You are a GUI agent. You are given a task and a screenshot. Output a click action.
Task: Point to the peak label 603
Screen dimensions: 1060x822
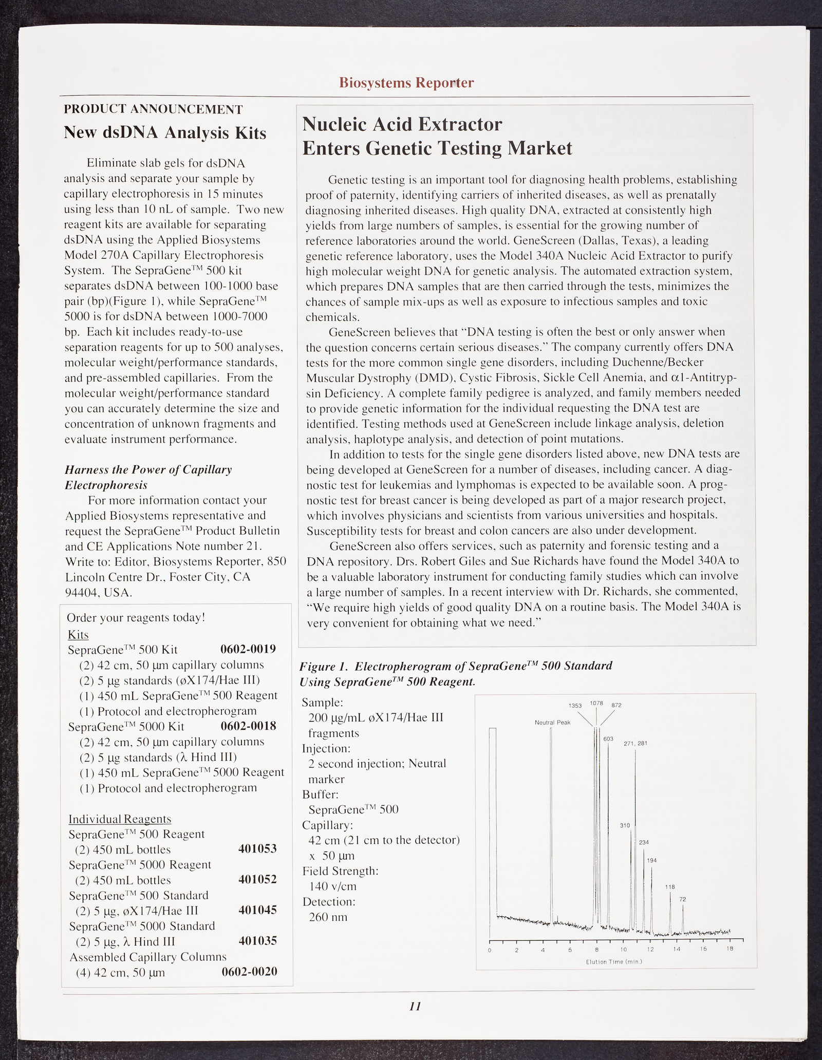point(609,739)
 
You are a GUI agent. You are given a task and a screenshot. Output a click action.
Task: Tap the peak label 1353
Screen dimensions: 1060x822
point(575,705)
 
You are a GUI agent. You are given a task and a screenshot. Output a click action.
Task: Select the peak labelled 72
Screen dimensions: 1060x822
point(683,899)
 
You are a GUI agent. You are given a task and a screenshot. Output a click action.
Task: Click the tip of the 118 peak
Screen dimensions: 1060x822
point(670,893)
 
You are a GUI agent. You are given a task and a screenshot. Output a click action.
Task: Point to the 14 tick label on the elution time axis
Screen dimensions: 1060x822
point(677,949)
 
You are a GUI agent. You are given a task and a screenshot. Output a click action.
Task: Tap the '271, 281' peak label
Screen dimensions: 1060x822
point(636,743)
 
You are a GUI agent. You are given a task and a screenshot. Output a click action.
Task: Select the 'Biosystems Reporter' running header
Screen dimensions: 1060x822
point(406,83)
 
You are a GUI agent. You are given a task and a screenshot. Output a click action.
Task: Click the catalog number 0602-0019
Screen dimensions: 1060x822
point(248,649)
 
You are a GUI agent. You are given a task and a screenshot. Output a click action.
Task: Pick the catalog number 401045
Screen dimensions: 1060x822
point(257,910)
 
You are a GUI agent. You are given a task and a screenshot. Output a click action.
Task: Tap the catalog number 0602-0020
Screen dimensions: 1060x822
point(249,972)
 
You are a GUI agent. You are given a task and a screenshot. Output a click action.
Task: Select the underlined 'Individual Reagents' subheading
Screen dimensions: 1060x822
point(120,819)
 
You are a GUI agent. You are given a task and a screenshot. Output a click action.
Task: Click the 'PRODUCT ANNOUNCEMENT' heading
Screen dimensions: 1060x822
point(153,109)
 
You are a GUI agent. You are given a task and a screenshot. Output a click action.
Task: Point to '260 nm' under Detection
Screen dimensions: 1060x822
point(328,917)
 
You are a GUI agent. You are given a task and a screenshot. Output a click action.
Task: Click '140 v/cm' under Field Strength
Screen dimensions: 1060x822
point(332,886)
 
